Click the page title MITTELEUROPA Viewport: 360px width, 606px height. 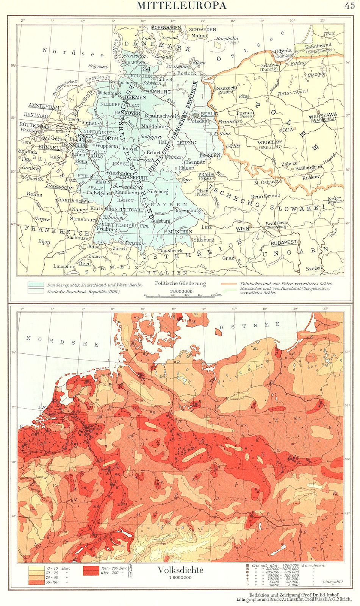[x=181, y=5]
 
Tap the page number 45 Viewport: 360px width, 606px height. [x=349, y=5]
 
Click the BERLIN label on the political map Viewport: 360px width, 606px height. [x=209, y=114]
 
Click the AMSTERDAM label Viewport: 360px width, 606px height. [x=44, y=107]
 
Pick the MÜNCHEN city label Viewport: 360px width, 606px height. [x=180, y=232]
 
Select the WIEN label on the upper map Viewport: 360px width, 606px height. [x=243, y=229]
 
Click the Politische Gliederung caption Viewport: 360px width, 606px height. [x=180, y=283]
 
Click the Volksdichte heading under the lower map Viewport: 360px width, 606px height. [x=180, y=570]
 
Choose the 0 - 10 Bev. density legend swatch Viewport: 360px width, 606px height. [x=35, y=568]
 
